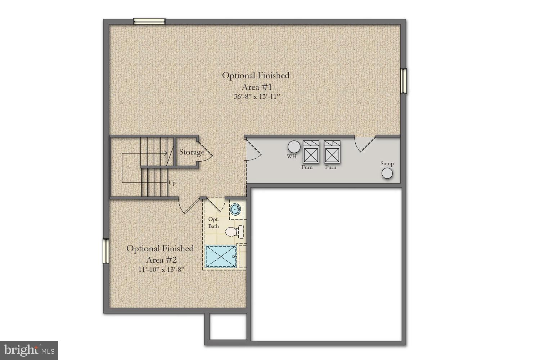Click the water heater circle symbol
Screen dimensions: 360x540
pos(294,147)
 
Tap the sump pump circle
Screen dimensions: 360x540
pos(387,174)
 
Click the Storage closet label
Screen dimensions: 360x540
pos(192,152)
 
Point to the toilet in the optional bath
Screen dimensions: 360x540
pos(232,231)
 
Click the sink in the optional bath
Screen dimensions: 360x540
pos(236,209)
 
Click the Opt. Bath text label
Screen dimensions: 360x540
pos(213,222)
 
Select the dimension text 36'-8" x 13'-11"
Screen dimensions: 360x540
pos(255,96)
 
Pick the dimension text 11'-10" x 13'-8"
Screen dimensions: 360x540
pos(161,269)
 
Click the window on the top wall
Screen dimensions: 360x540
pos(149,21)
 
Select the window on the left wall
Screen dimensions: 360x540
pos(105,251)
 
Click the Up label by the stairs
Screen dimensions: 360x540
pos(172,183)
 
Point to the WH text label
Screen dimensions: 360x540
pos(292,157)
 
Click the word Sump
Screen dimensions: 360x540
pos(387,163)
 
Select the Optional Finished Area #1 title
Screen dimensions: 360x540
pos(255,81)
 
